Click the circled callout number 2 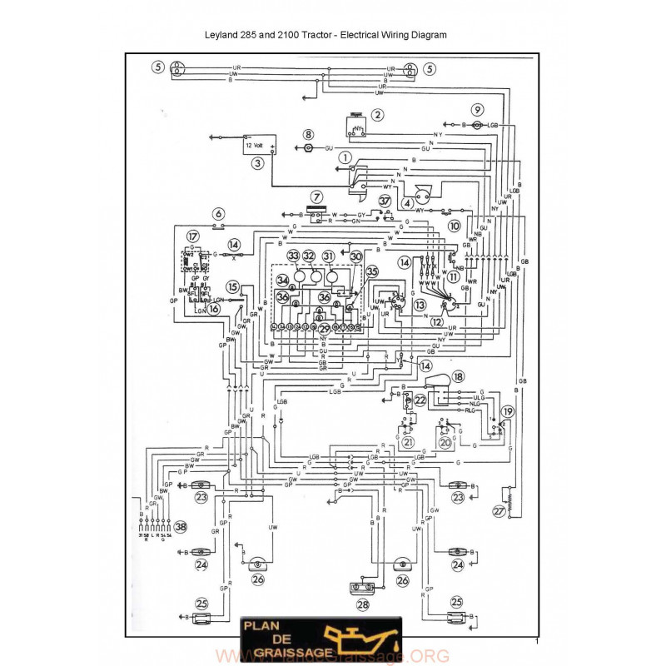click(x=378, y=115)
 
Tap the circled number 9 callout click(x=477, y=109)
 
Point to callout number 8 click(x=308, y=133)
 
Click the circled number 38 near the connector click(x=181, y=526)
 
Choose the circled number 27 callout click(x=499, y=511)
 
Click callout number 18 click(x=459, y=376)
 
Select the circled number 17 click(x=193, y=236)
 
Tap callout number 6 click(x=218, y=213)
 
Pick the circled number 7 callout click(x=316, y=196)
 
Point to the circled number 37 click(x=385, y=201)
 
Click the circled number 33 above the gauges click(x=292, y=256)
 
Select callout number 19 click(x=508, y=411)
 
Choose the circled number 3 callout click(x=259, y=164)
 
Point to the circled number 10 click(x=455, y=226)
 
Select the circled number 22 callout click(x=420, y=400)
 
